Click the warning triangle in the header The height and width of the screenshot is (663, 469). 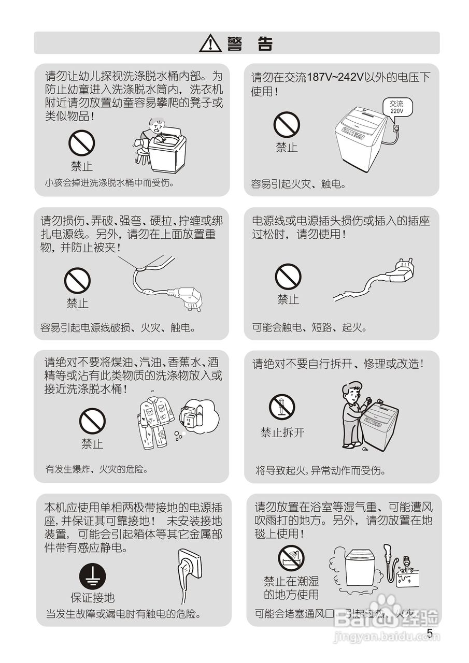coord(210,43)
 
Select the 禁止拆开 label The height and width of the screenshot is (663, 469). coord(282,433)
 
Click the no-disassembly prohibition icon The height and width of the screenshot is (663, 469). coord(282,407)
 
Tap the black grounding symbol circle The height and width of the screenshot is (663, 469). coord(92,576)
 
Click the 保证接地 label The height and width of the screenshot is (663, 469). coord(92,598)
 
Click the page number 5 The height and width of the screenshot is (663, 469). coord(430,633)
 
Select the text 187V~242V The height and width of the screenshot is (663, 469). coord(335,78)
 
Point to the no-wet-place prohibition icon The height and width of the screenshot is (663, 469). coord(291,558)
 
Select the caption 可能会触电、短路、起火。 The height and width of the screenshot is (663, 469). coord(310,327)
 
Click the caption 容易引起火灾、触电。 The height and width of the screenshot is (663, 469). coord(299,184)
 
